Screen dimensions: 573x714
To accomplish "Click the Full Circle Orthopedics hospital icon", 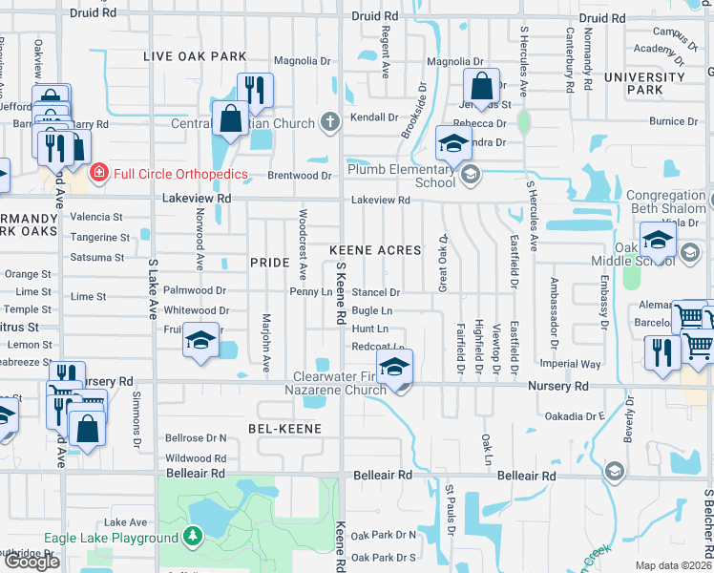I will point(98,173).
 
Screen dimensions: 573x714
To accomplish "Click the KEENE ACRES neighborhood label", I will point(375,250).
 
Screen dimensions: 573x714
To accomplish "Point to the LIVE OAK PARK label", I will point(195,56).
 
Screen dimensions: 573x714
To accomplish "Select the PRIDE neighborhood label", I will point(269,262).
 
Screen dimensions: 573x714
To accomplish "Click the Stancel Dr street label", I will point(375,292).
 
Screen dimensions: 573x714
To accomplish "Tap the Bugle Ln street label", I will point(372,310).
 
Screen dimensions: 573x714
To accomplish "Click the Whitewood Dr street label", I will point(197,310).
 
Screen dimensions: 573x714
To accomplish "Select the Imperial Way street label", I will point(571,364).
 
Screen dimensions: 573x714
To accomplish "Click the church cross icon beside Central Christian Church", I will point(330,122).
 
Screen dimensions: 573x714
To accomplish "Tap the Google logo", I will point(31,562).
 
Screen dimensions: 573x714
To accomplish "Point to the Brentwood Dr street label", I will point(299,176).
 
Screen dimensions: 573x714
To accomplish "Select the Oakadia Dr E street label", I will point(575,416).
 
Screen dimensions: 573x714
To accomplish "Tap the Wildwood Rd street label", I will point(196,458).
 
